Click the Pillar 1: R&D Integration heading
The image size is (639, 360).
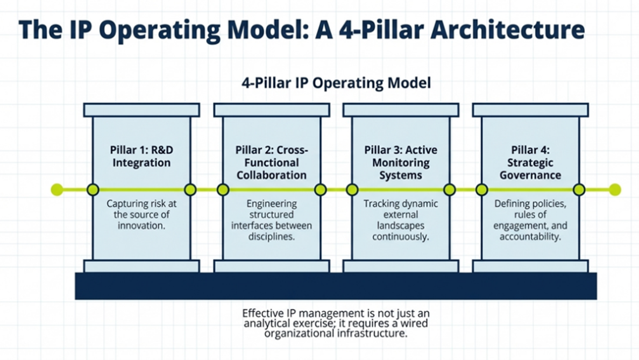(x=141, y=156)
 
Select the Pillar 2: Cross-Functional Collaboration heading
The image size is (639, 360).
(x=272, y=162)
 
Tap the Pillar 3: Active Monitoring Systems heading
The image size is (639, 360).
(x=401, y=162)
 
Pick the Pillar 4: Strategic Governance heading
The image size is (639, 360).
(x=530, y=162)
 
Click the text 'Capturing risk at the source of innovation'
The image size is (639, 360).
(x=141, y=215)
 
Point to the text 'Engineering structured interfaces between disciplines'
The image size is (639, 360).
(x=272, y=220)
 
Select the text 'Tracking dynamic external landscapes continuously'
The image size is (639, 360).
(x=401, y=220)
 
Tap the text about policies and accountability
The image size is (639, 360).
(x=530, y=220)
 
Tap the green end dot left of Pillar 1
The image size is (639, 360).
(x=56, y=189)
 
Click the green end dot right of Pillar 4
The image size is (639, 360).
(x=615, y=189)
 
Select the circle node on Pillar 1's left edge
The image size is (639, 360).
(x=93, y=189)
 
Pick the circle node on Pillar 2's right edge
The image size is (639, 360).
(x=320, y=189)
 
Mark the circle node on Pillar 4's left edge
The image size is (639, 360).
(x=482, y=189)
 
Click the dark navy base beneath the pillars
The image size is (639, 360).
(x=336, y=286)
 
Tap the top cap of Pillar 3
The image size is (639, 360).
(x=401, y=110)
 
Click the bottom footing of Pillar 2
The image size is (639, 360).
(x=272, y=266)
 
